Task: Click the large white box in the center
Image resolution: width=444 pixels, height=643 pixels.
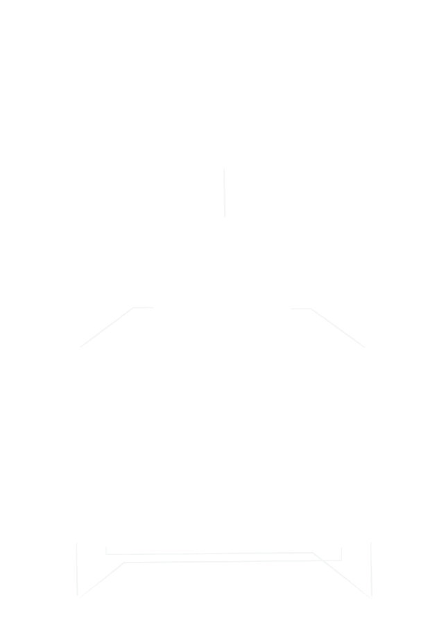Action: [x=223, y=271]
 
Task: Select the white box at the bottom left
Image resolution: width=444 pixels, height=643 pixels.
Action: [x=74, y=619]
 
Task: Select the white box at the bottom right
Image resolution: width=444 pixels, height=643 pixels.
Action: [x=370, y=619]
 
